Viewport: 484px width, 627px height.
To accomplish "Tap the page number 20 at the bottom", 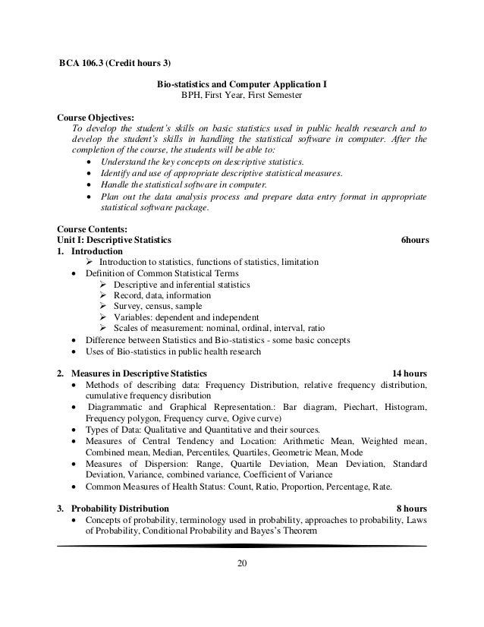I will pos(241,562).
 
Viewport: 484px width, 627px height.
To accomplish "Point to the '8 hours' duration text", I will pos(411,507).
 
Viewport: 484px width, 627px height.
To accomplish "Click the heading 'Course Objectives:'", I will pos(96,118).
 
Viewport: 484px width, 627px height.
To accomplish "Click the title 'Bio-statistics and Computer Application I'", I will pos(241,85).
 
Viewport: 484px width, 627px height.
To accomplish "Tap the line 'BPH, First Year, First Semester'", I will pos(241,96).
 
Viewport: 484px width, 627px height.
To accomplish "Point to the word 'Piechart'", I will pos(354,406).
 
